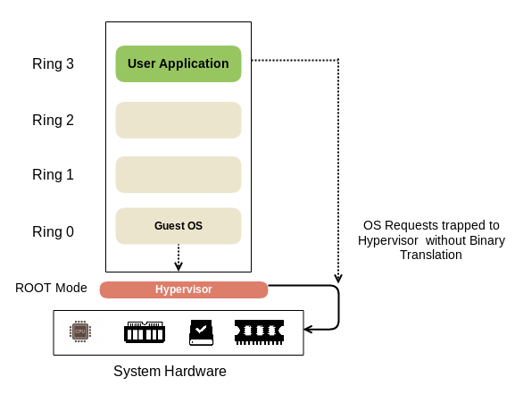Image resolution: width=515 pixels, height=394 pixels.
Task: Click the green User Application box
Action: (179, 63)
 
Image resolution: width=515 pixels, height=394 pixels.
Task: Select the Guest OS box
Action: (179, 226)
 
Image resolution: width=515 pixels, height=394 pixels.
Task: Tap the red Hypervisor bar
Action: (184, 289)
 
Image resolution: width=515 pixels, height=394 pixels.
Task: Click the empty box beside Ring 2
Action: (179, 120)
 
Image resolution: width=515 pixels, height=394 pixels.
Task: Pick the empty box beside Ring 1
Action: (179, 174)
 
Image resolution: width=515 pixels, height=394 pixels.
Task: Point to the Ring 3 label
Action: (53, 63)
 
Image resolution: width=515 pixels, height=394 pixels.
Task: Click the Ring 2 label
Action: (53, 120)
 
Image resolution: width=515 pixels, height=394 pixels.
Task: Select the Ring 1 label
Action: (53, 174)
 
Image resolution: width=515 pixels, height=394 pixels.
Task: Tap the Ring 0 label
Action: (53, 232)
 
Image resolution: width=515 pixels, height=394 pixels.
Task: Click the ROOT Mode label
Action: (51, 288)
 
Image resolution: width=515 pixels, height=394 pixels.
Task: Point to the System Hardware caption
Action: (170, 372)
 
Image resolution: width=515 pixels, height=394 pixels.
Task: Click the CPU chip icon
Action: (80, 331)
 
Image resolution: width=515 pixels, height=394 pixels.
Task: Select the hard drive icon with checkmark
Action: (202, 332)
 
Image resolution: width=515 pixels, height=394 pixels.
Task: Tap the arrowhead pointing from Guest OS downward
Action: (179, 265)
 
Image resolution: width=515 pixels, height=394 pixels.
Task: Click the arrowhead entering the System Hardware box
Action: (308, 329)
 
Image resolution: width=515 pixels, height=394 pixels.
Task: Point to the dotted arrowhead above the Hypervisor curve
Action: (338, 278)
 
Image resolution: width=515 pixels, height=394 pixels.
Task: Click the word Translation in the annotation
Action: (431, 255)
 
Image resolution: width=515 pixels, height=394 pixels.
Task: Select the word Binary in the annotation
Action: (487, 240)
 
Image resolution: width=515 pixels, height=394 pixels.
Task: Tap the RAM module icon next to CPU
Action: (145, 332)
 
